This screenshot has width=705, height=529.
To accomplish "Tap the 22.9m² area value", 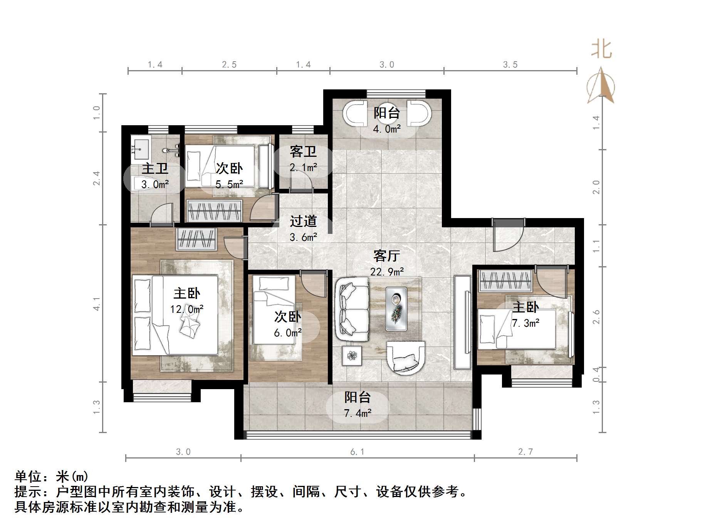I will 387,272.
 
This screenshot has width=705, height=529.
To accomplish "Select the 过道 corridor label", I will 303,222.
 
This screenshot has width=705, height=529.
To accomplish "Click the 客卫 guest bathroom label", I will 303,152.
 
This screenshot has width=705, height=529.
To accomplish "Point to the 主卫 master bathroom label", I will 155,169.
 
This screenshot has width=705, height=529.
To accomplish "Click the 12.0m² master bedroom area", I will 187,309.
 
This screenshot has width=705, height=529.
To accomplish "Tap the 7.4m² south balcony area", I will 358,413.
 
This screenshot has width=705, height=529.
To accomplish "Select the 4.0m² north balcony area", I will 387,129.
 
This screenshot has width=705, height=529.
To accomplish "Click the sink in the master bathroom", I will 140,148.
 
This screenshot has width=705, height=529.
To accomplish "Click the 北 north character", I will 601,50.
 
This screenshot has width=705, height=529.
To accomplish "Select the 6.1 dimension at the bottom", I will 357,452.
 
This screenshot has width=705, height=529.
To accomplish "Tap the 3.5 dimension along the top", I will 510,65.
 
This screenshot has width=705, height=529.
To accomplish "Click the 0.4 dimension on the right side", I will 596,374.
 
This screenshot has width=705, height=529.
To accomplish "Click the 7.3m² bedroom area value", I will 525,323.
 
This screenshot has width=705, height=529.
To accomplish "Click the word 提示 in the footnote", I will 28,492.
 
